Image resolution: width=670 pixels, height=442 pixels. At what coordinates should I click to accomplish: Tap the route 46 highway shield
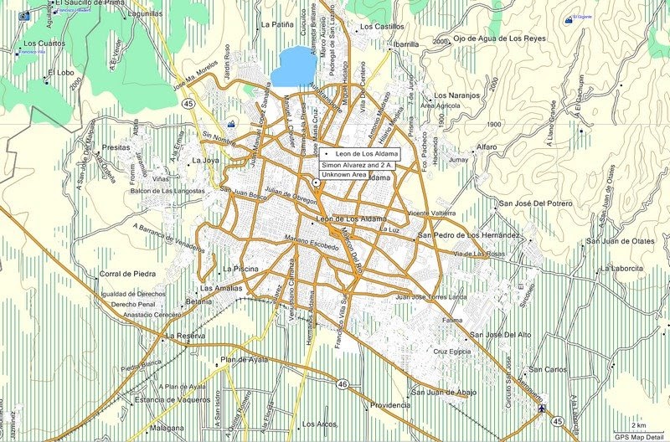(x=343, y=383)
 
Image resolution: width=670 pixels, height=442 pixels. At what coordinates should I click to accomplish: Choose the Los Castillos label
(x=381, y=28)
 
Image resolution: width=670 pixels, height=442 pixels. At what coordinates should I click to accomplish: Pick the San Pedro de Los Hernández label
(x=469, y=235)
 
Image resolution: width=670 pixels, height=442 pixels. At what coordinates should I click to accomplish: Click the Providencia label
(x=390, y=404)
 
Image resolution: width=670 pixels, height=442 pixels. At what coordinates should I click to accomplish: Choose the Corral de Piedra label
(x=128, y=274)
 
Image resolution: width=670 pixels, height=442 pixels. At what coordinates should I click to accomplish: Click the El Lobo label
(x=61, y=73)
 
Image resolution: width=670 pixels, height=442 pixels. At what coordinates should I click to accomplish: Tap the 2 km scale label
(x=639, y=425)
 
